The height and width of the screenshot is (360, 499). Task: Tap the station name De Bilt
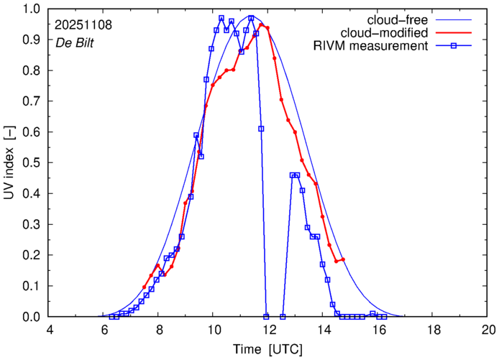[x=75, y=42]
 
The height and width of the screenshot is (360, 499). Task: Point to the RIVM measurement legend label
[x=371, y=47]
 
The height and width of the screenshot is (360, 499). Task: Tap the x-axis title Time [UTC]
[x=268, y=349]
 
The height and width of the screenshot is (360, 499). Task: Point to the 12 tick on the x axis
[x=268, y=329]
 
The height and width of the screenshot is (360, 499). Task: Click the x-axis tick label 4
[x=50, y=329]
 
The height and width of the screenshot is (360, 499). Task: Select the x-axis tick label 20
[x=487, y=329]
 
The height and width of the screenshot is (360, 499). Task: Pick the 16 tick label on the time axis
[x=378, y=329]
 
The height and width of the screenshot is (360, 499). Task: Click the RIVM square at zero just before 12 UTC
[x=266, y=316]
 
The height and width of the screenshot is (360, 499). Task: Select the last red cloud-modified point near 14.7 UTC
[x=343, y=259]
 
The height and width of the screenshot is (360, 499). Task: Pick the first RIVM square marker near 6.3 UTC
[x=111, y=316]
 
